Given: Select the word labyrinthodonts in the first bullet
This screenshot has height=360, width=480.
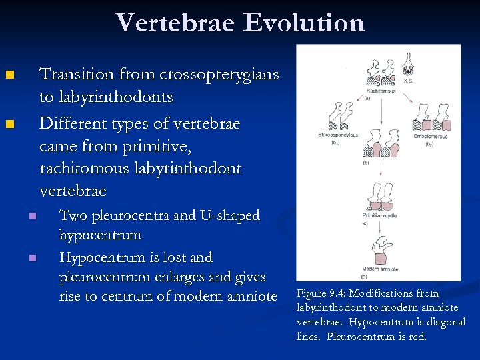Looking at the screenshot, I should click(106, 97).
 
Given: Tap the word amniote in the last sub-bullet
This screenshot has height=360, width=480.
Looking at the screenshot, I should click(249, 296).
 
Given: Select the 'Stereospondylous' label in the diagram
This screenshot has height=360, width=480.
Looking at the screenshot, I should click(338, 135).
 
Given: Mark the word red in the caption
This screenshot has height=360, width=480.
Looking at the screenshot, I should click(415, 336).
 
